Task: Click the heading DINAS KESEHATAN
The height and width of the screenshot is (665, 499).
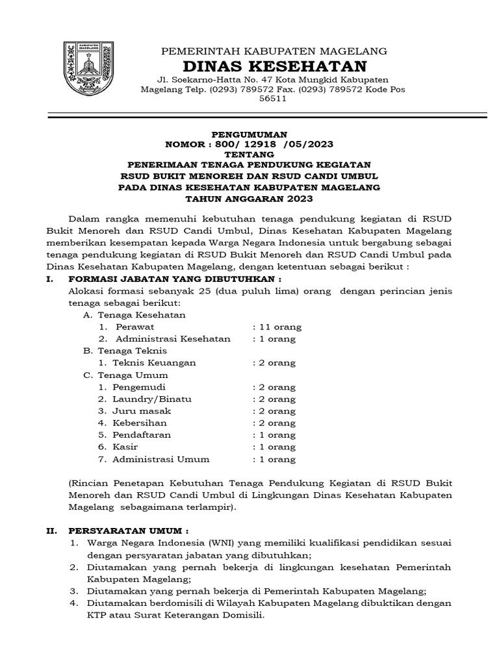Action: pyautogui.click(x=274, y=67)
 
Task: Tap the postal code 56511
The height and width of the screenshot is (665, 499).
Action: pyautogui.click(x=273, y=100)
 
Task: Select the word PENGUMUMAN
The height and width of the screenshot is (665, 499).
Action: pyautogui.click(x=249, y=134)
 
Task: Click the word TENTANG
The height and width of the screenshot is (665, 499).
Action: pyautogui.click(x=249, y=155)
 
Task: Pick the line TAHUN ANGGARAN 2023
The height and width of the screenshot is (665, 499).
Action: pyautogui.click(x=249, y=198)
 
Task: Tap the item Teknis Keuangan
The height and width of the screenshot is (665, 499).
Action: pyautogui.click(x=154, y=363)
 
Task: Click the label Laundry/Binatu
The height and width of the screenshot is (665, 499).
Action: pyautogui.click(x=152, y=399)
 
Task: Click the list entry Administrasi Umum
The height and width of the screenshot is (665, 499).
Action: pyautogui.click(x=161, y=459)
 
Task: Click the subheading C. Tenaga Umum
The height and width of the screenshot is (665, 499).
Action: pyautogui.click(x=125, y=375)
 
